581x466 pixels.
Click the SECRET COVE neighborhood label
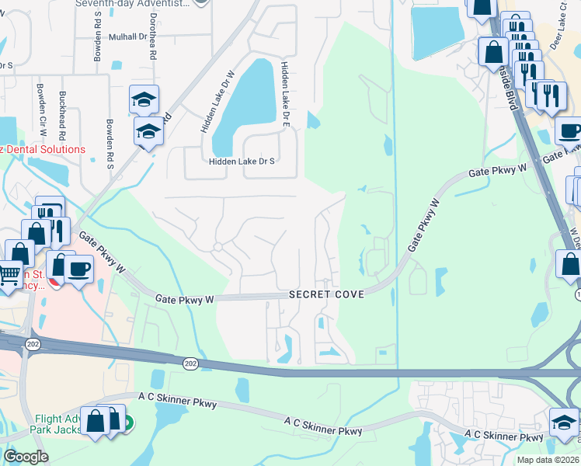pos(325,295)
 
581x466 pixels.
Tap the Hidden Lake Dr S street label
pos(242,162)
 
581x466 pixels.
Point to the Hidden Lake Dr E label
pos(286,95)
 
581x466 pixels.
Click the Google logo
pos(26,456)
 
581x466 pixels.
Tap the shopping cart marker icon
pos(9,273)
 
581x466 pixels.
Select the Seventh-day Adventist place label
pos(132,4)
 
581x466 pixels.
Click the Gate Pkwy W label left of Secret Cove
pos(183,298)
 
